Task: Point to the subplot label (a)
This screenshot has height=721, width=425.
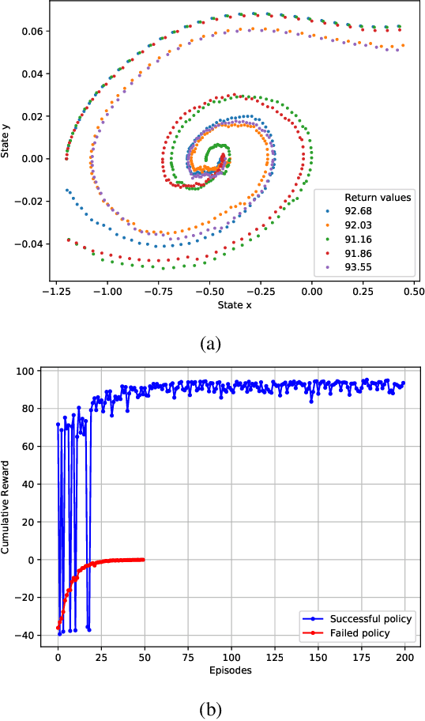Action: [211, 342]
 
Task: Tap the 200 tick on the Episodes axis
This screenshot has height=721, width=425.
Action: [405, 657]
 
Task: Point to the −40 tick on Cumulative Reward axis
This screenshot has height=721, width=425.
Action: [28, 635]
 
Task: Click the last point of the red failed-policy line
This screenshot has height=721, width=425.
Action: [144, 559]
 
